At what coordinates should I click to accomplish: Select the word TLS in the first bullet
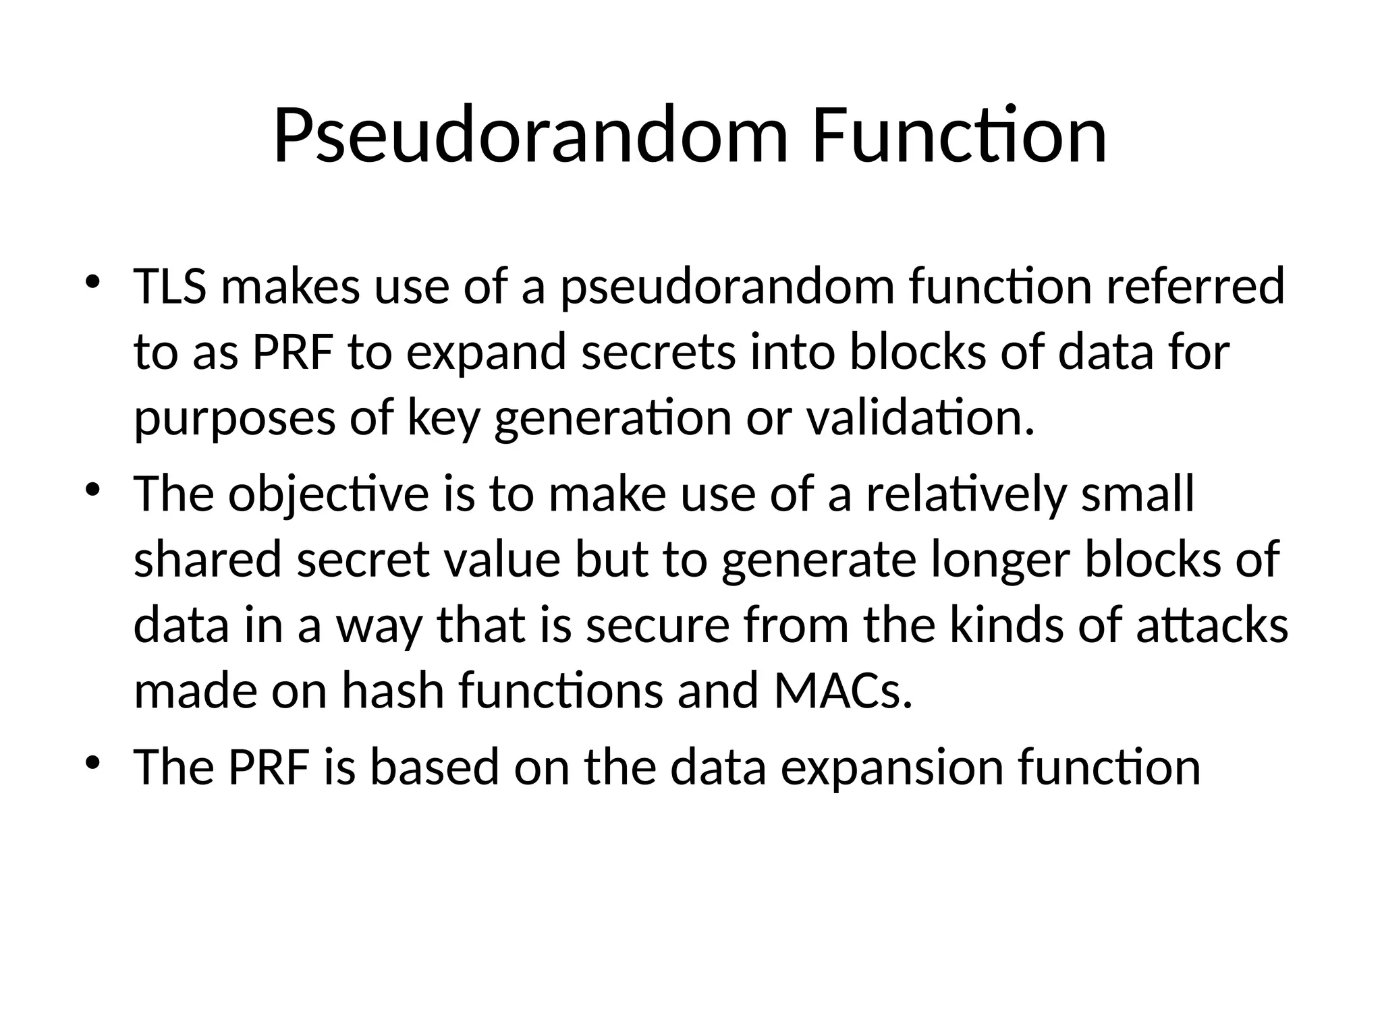[x=170, y=287]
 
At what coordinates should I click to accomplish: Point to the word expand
[x=486, y=353]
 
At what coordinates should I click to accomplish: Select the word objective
[x=328, y=494]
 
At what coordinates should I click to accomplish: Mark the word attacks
[x=1212, y=625]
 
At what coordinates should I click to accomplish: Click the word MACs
[x=843, y=691]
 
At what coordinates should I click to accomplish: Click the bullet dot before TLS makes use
[x=92, y=282]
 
